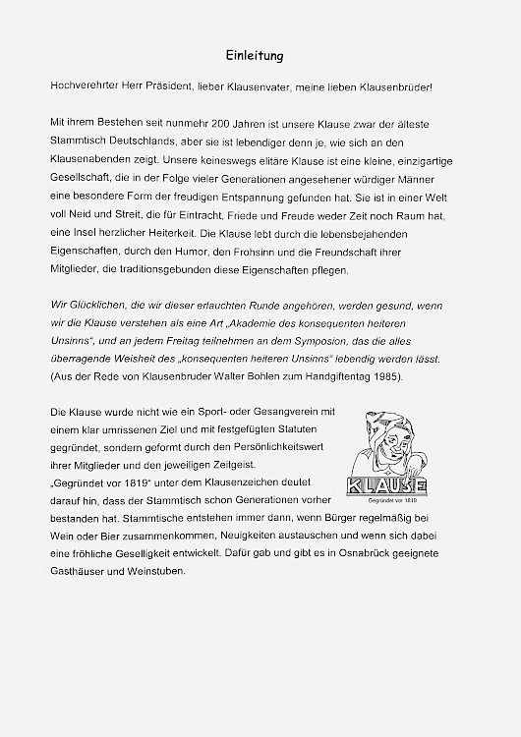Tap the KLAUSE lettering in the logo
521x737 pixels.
[387, 485]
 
